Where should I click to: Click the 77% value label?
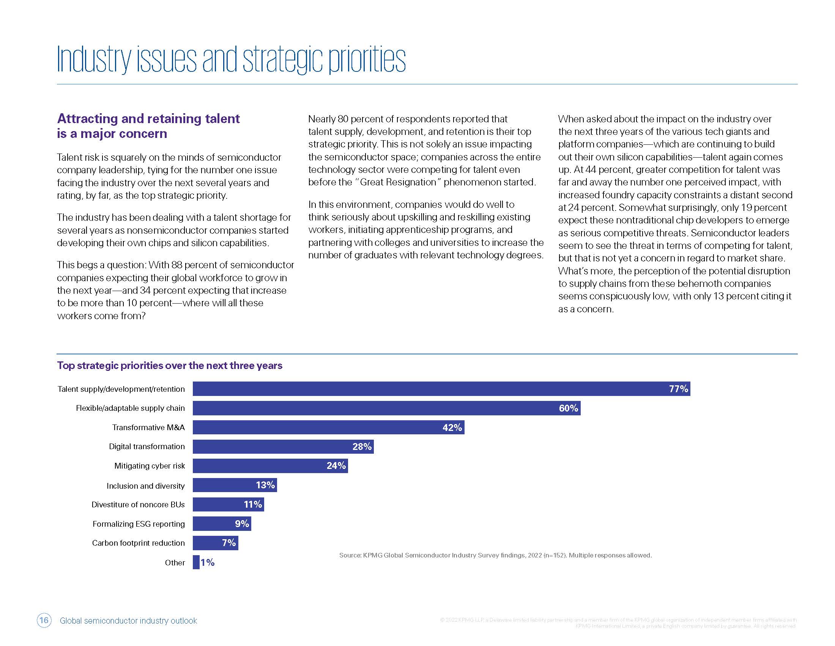(x=678, y=389)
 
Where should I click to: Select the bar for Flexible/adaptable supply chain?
(x=386, y=408)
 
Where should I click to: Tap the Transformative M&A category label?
(x=148, y=427)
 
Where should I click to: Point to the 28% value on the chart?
(x=362, y=446)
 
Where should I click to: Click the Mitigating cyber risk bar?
(x=270, y=466)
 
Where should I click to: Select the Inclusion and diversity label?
(x=145, y=486)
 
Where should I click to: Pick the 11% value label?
(x=253, y=504)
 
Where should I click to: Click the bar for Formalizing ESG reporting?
(x=222, y=524)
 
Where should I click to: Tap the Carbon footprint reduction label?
(x=138, y=543)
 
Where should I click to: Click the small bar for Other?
(x=196, y=562)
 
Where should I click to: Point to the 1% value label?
(x=208, y=562)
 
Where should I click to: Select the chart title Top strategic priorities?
(x=169, y=366)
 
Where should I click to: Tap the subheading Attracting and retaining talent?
(x=148, y=119)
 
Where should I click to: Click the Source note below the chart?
(x=495, y=555)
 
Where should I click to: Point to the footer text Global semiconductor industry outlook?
(x=128, y=621)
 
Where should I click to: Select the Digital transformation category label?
(x=147, y=446)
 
